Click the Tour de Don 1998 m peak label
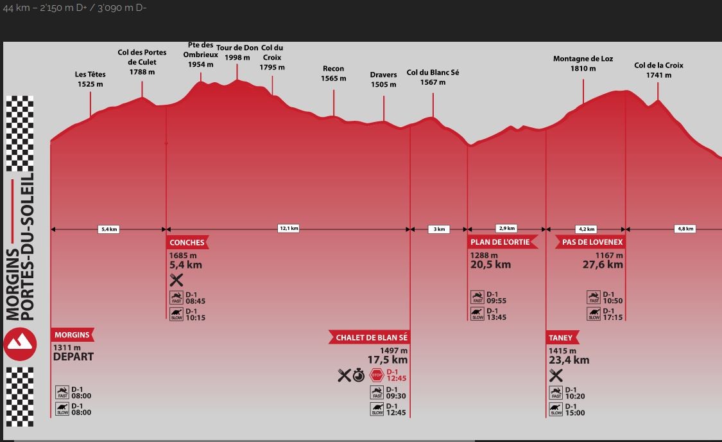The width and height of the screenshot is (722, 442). [237, 53]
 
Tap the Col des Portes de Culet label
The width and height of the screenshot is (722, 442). [142, 62]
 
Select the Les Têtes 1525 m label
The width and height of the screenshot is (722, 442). [90, 79]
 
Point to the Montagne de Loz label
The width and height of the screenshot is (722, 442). [583, 63]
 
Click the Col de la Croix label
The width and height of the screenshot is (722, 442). [658, 70]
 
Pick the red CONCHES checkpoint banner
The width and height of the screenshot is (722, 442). [187, 242]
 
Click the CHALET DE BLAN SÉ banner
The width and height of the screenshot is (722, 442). [371, 337]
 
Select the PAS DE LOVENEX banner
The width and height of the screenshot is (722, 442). [590, 242]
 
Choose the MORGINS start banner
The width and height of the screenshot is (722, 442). [72, 335]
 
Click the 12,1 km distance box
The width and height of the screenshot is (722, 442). [289, 228]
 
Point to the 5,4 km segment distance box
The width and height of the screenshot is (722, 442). [109, 229]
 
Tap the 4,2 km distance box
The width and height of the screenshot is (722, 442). [587, 229]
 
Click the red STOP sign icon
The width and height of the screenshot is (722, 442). [376, 375]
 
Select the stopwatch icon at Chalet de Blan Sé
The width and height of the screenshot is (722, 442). [359, 375]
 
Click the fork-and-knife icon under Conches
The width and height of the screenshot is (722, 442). [176, 279]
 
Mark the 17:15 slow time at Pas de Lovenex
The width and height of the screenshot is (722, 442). [613, 317]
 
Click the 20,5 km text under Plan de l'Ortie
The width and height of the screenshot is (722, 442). [490, 265]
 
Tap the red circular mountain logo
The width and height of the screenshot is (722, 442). [21, 344]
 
